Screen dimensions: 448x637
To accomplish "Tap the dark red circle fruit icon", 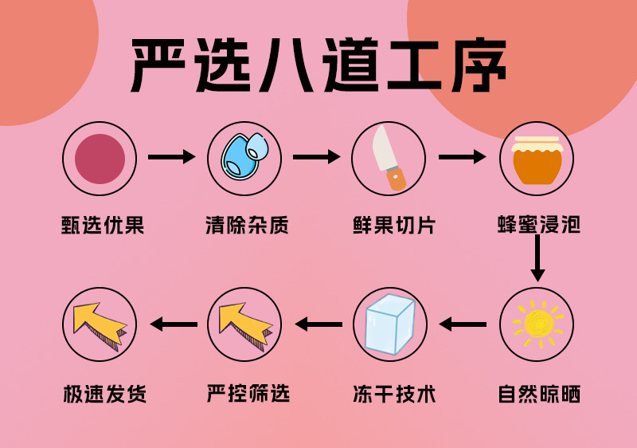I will tap(100, 159).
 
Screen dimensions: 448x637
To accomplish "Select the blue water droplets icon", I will tap(245, 159).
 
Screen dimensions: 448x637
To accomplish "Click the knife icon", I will tap(389, 159).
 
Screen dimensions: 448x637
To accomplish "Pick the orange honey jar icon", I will tap(537, 159).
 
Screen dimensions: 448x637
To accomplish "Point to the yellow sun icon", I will tap(537, 324).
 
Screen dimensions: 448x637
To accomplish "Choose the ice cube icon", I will tap(390, 324).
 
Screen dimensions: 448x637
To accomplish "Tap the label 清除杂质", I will tap(245, 226).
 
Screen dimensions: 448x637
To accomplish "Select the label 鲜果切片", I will tap(390, 226).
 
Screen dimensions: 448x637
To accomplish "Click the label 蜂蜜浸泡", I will tap(537, 226).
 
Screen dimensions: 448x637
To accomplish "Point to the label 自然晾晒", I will tap(537, 394).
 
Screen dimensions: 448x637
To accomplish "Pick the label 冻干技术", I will tap(390, 394).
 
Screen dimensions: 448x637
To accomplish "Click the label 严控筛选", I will tap(245, 394).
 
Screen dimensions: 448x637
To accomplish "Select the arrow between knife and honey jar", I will tap(462, 157).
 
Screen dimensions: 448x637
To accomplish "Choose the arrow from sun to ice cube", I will tap(463, 324).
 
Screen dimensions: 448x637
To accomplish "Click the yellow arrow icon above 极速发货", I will tap(99, 324).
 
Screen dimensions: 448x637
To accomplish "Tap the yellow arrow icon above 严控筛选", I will tap(244, 324).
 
